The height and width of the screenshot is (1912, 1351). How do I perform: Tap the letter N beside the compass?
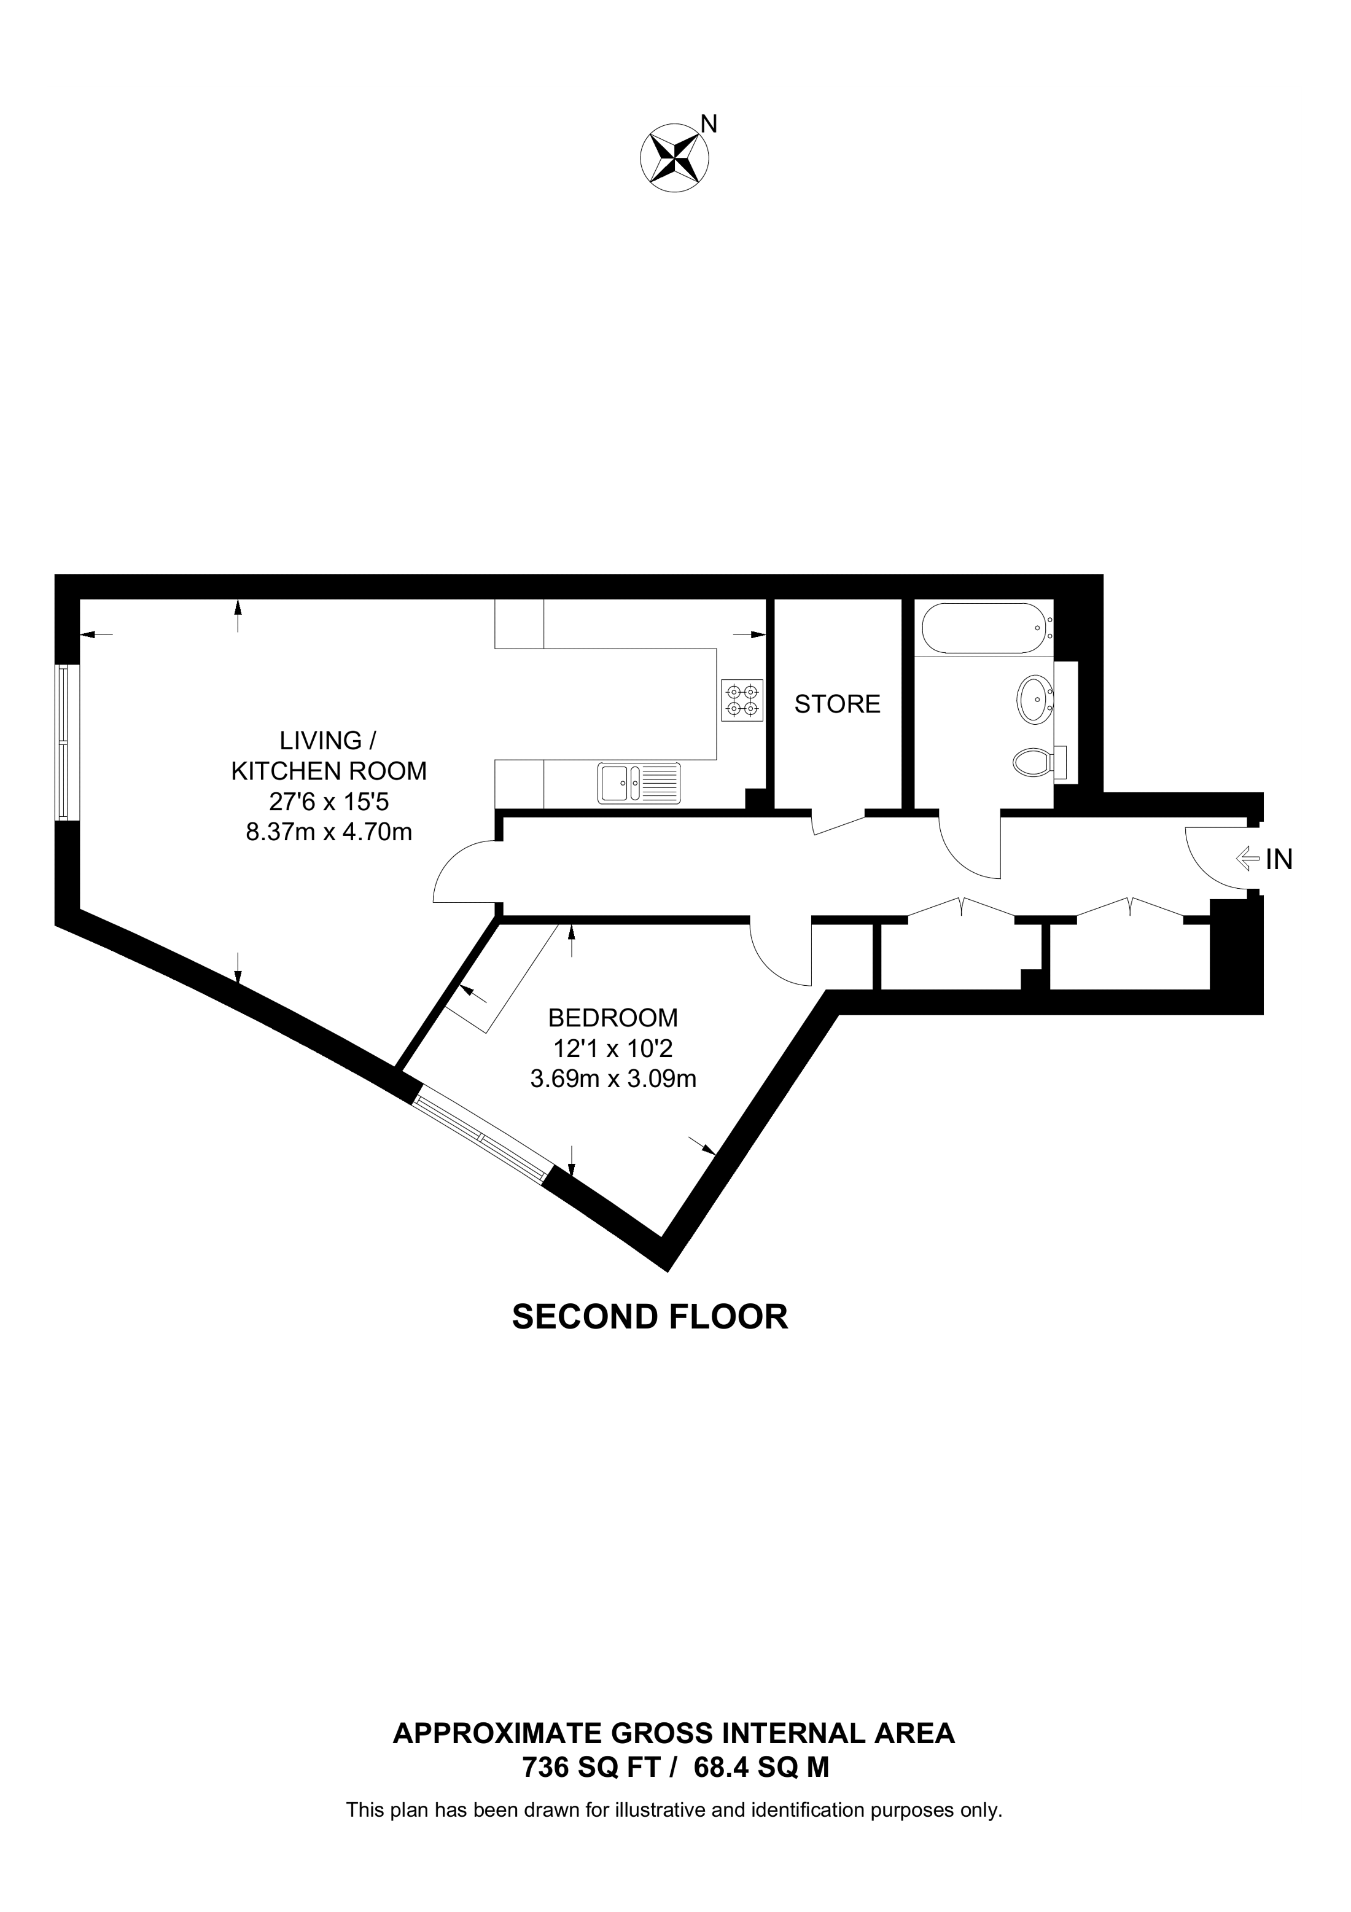tap(709, 124)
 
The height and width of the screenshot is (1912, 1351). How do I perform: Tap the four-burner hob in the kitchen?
tap(742, 700)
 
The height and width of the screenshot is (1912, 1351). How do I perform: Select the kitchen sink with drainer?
tap(639, 784)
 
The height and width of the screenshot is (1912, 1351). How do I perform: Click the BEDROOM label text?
tap(613, 1018)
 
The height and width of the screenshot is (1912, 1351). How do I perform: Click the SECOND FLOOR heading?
tap(649, 1317)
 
